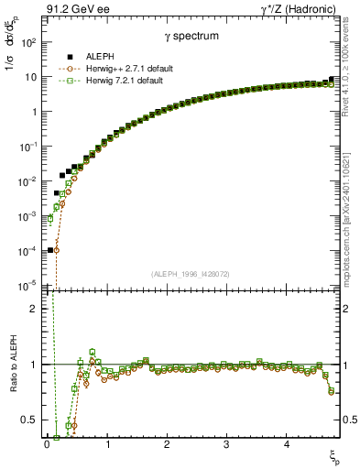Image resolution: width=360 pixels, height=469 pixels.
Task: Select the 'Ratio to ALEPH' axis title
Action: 11,378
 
